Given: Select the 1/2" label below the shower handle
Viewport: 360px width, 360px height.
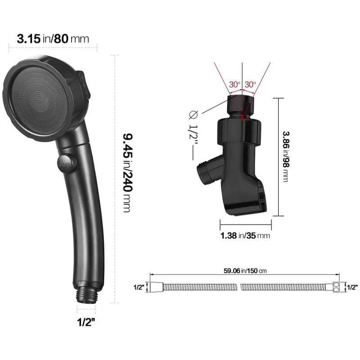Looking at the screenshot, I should (86, 322).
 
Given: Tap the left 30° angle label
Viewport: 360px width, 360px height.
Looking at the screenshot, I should (234, 84).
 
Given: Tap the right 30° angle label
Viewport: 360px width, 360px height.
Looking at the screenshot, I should (250, 84).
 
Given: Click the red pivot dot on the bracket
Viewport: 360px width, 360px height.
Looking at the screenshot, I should (242, 118).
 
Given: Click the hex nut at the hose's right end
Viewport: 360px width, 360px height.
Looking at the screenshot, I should (336, 287).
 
